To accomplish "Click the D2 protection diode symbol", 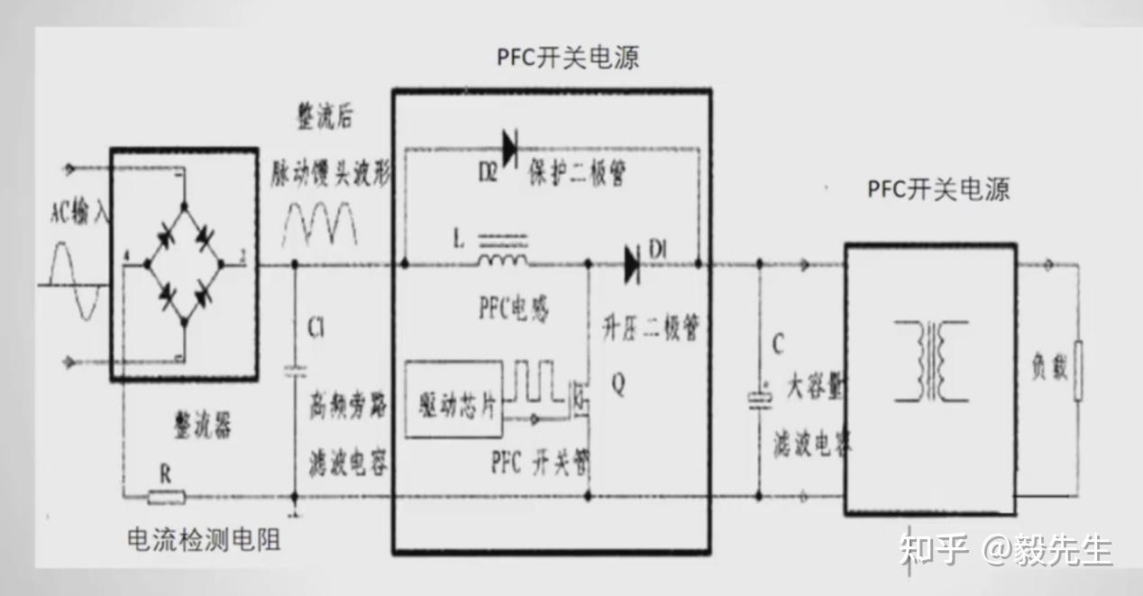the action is pyautogui.click(x=511, y=147).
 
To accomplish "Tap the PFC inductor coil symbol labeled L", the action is pyautogui.click(x=502, y=260).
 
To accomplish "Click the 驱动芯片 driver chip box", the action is pyautogui.click(x=453, y=399).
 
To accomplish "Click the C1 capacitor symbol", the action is pyautogui.click(x=295, y=370).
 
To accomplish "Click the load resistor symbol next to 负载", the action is pyautogui.click(x=1077, y=371).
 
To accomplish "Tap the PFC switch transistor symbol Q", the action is pyautogui.click(x=581, y=401).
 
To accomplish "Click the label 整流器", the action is pyautogui.click(x=202, y=426).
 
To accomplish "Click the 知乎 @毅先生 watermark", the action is pyautogui.click(x=1006, y=548).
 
